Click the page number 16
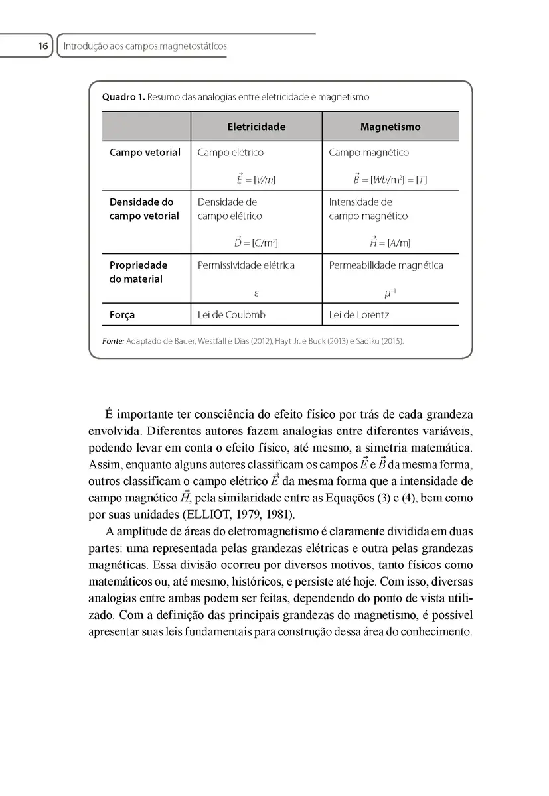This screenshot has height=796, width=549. pos(42,46)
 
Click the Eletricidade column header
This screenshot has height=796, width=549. pos(256,127)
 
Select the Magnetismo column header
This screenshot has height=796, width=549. pos(390,127)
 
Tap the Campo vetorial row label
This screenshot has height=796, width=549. pos(145,153)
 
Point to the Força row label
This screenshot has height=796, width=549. pos(122,315)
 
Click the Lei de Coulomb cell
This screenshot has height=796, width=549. pos(232,315)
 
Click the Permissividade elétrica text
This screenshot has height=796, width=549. pos(246,265)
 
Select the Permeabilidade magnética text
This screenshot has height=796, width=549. pos(386,265)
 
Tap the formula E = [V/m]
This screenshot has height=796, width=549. pos(256,180)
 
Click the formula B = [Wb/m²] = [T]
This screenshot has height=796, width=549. pos(390,180)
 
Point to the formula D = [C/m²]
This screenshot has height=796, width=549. pos(256,243)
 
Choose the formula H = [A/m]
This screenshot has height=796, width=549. pos(390,243)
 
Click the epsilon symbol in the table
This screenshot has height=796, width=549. pos(256,292)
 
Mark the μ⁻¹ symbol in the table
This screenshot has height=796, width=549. pos(390,292)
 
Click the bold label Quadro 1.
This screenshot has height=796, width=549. pos(123,97)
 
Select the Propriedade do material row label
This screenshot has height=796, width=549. pos(138,272)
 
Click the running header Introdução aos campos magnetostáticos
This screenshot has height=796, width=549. pos(145,46)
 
